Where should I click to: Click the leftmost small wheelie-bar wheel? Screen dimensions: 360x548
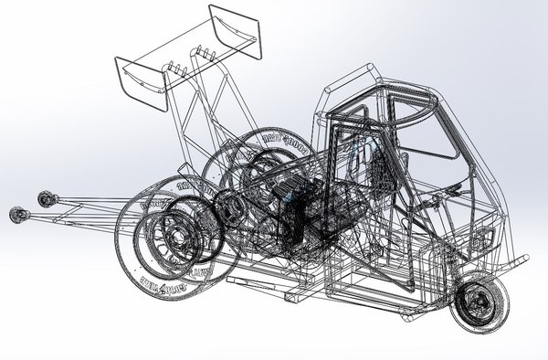(16, 216)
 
